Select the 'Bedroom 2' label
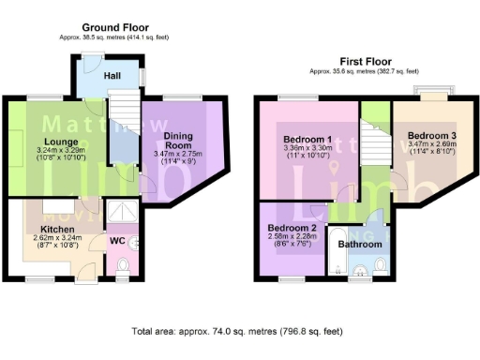click(291, 228)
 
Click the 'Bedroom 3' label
click(431, 136)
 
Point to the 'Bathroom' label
click(361, 244)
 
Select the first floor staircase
click(375, 146)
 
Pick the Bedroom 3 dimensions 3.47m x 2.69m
click(432, 147)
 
